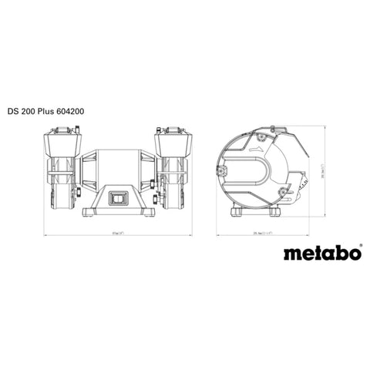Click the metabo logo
[318, 254]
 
